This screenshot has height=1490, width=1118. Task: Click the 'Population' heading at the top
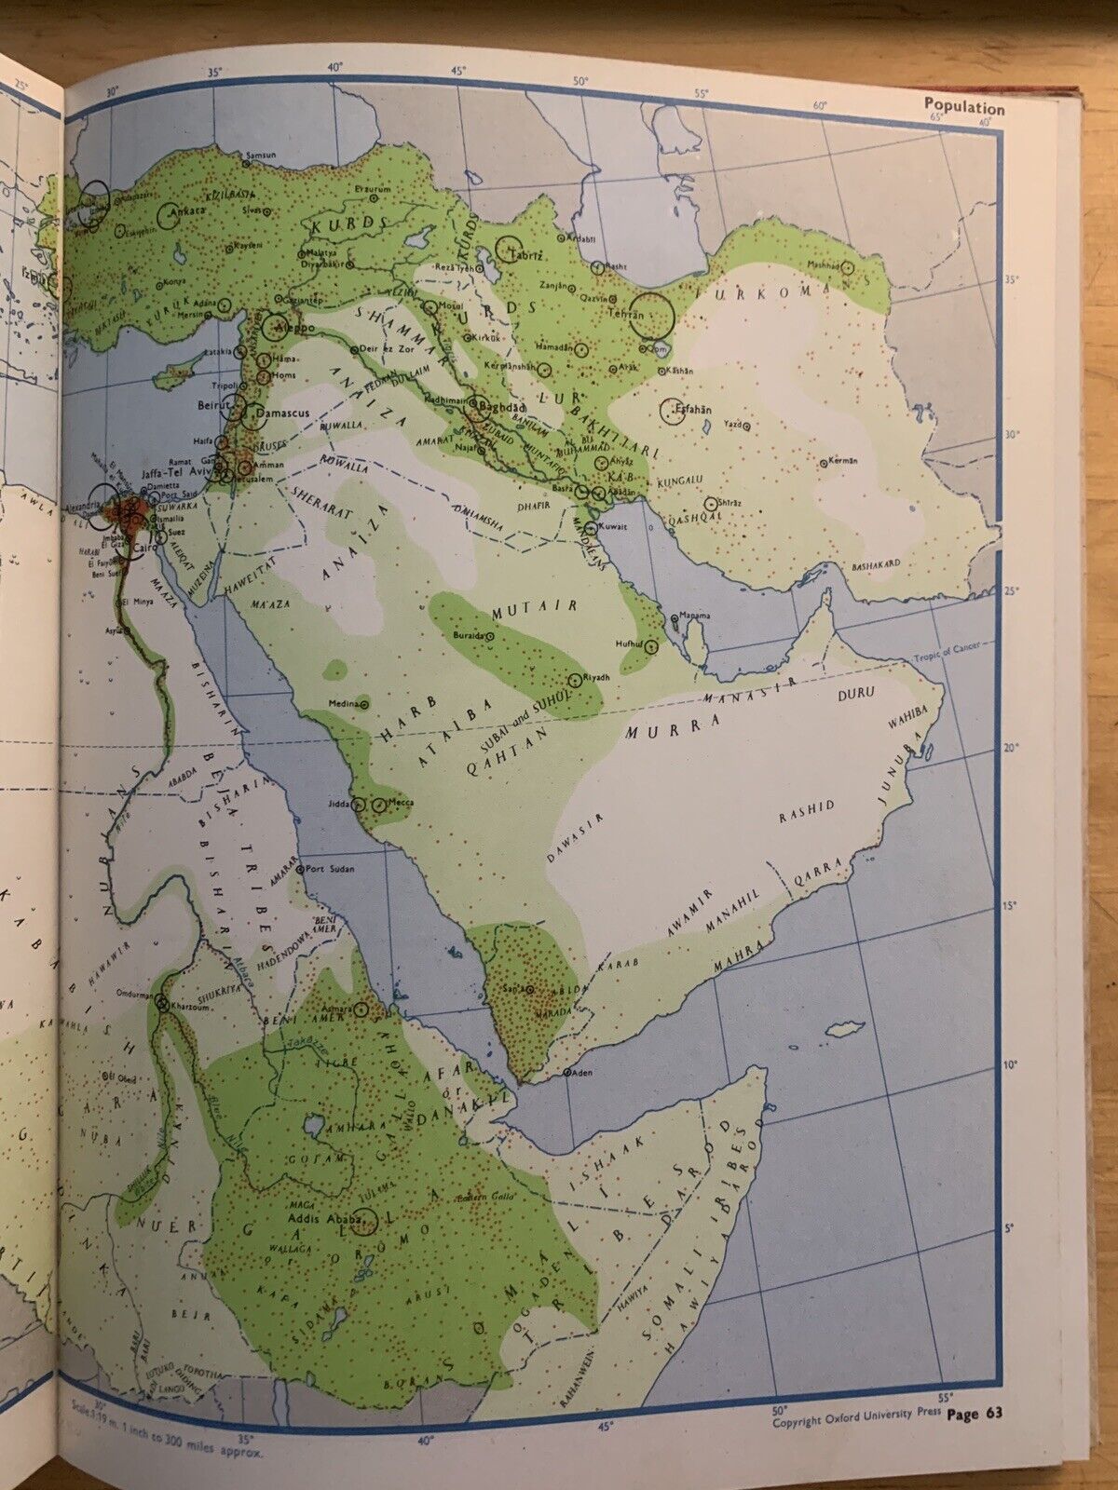click(964, 107)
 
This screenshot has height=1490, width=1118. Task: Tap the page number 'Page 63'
click(974, 1441)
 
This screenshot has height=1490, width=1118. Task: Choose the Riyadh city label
click(594, 677)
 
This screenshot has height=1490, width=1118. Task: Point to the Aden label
click(582, 1073)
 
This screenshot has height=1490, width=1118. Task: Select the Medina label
click(343, 703)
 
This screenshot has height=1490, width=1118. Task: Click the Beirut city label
click(212, 406)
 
